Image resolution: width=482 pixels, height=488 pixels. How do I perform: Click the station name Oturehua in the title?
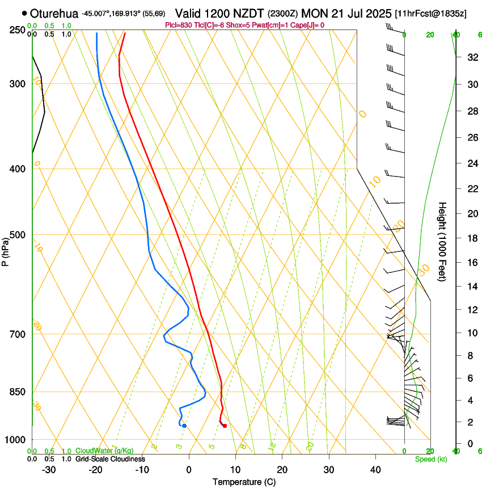click(54, 13)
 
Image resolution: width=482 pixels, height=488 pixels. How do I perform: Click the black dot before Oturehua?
click(24, 12)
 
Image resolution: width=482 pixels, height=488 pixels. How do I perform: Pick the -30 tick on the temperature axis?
click(49, 469)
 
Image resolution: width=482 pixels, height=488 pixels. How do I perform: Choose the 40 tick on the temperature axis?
click(375, 469)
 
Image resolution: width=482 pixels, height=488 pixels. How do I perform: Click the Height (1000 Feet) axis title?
click(442, 241)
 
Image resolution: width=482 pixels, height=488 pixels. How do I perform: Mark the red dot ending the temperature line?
click(225, 426)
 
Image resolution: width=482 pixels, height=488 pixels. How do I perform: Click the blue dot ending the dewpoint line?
click(184, 426)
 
